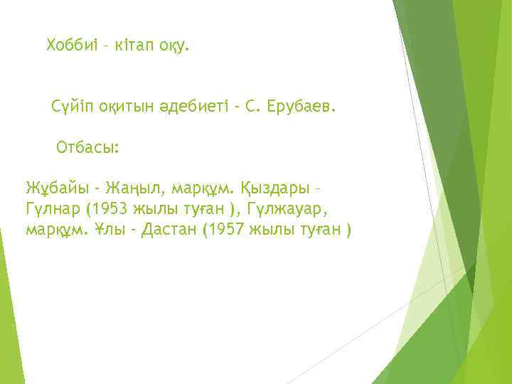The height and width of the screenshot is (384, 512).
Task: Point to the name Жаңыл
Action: [x=130, y=190]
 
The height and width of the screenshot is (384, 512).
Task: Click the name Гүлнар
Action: [x=49, y=210]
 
